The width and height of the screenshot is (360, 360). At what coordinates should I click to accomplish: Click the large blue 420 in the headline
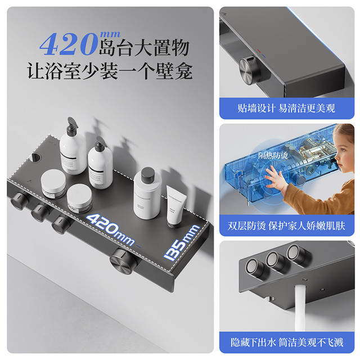69,44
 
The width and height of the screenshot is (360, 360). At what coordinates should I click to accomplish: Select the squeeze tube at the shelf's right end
174,206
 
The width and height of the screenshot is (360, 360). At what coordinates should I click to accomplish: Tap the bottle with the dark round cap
147,193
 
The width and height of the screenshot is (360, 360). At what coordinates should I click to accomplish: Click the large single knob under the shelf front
122,260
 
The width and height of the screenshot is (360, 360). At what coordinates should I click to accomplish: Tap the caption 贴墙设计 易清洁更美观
286,108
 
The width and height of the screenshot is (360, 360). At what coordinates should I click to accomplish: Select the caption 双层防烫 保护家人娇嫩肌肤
286,226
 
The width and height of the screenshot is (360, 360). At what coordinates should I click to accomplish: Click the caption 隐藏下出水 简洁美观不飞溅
287,343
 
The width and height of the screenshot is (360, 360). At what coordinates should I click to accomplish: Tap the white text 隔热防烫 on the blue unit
272,155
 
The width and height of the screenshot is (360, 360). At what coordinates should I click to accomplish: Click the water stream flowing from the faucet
300,308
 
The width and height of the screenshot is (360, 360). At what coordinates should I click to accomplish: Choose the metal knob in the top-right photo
251,70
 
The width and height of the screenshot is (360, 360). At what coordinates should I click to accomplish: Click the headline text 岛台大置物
144,48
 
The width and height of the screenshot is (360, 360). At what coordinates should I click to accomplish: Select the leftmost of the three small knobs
19,200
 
